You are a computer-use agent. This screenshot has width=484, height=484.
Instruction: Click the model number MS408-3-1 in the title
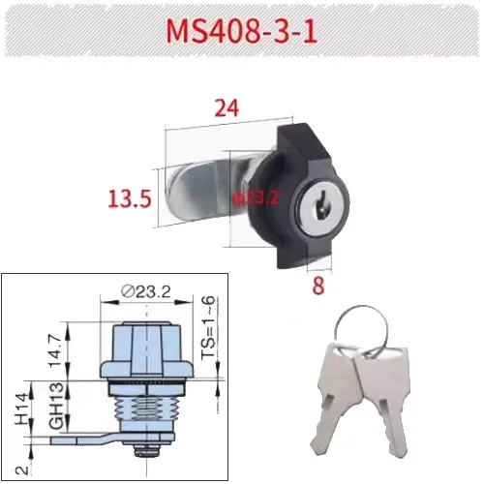[x=241, y=29]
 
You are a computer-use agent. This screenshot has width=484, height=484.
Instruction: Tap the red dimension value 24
[x=227, y=109]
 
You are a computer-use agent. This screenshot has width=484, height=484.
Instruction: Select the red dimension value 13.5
[x=128, y=199]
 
